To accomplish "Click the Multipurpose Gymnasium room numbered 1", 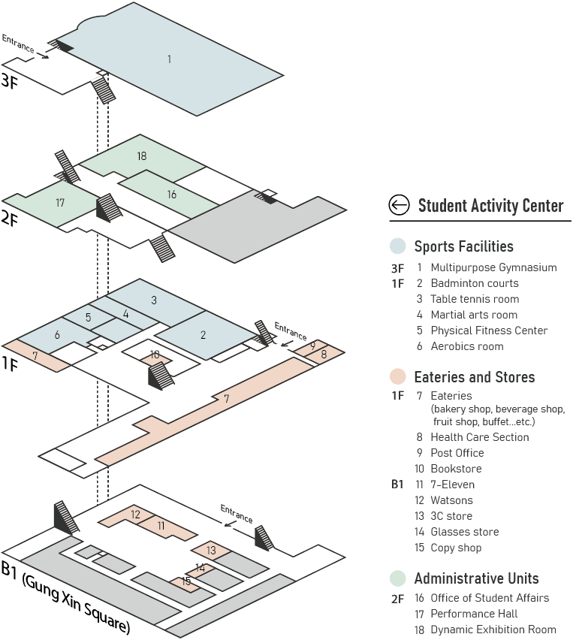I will pyautogui.click(x=170, y=59).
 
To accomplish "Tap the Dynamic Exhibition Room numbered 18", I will pyautogui.click(x=142, y=156).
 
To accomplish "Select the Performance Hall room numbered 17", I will pyautogui.click(x=60, y=203).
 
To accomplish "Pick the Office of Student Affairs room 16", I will pyautogui.click(x=172, y=194).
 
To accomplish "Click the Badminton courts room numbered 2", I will pyautogui.click(x=204, y=335).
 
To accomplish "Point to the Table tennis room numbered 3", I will pyautogui.click(x=154, y=300).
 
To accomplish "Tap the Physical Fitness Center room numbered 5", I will pyautogui.click(x=89, y=317).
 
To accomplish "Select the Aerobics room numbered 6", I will pyautogui.click(x=56, y=335).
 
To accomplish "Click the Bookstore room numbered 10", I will pyautogui.click(x=155, y=355).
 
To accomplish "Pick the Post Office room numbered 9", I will pyautogui.click(x=312, y=346).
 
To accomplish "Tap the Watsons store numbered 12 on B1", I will pyautogui.click(x=135, y=515).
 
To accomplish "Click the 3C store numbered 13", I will pyautogui.click(x=211, y=551).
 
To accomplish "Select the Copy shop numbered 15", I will pyautogui.click(x=185, y=581).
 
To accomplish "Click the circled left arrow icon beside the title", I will pyautogui.click(x=399, y=204).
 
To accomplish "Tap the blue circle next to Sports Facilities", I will pyautogui.click(x=398, y=246).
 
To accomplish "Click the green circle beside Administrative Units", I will pyautogui.click(x=398, y=578).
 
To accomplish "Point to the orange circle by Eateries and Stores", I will pyautogui.click(x=398, y=377).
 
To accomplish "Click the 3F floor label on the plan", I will pyautogui.click(x=10, y=80).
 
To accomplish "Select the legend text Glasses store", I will pyautogui.click(x=464, y=532).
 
